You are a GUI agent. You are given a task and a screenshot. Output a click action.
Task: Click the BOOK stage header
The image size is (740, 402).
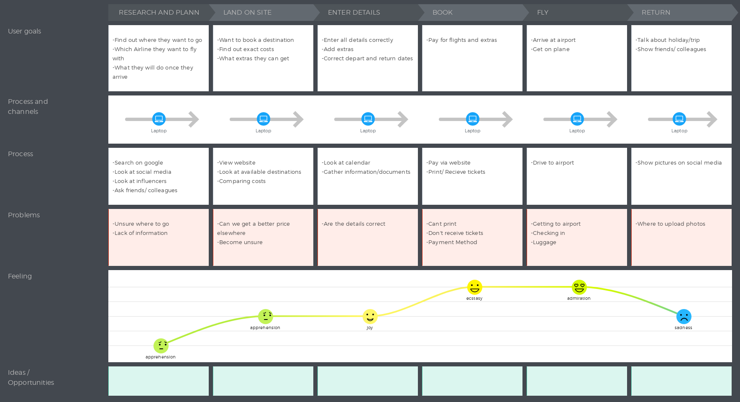(443, 13)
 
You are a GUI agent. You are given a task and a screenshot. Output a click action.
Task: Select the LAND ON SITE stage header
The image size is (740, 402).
(247, 13)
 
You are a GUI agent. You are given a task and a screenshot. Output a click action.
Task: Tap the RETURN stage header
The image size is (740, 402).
(656, 13)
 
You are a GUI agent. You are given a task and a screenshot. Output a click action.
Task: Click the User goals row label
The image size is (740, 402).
(24, 31)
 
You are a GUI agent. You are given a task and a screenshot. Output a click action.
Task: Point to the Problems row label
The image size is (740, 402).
(24, 215)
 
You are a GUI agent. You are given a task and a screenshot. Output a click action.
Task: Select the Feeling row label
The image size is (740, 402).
(20, 276)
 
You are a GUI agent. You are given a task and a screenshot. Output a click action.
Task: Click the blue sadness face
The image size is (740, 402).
(684, 317)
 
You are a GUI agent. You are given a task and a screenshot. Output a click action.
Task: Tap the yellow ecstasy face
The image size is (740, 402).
(474, 287)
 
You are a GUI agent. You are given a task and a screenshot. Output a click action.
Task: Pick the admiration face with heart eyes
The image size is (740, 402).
(579, 287)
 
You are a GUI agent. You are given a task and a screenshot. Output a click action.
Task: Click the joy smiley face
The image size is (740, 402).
(370, 317)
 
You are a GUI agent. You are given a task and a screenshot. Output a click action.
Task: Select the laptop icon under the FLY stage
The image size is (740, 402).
(577, 119)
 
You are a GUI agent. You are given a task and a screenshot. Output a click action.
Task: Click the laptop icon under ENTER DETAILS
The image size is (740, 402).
(368, 119)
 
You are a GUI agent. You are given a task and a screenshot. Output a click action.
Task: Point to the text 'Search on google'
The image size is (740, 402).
(138, 163)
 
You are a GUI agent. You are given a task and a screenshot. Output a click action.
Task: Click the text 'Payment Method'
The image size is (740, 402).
(453, 242)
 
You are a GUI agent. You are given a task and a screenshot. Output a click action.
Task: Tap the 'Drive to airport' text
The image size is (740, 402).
(553, 163)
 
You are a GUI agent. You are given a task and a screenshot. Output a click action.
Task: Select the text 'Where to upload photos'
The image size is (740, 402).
(671, 224)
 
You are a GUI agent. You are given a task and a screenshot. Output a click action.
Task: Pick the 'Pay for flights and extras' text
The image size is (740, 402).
(462, 40)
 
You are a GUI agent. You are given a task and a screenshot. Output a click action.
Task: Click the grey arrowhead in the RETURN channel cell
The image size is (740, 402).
(712, 119)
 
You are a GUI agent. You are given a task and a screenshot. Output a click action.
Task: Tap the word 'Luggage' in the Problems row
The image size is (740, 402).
(544, 242)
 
